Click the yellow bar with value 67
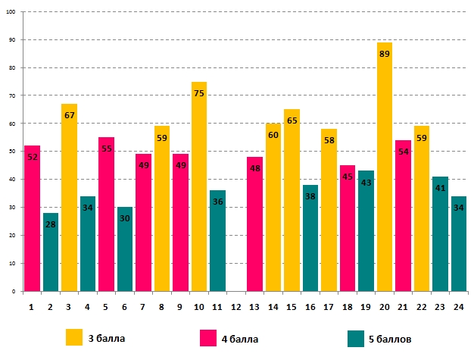pos(69,197)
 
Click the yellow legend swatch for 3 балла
pos(74,338)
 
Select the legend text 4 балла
pos(240,339)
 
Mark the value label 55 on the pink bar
pos(106,149)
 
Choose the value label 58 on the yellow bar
pos(329,140)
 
